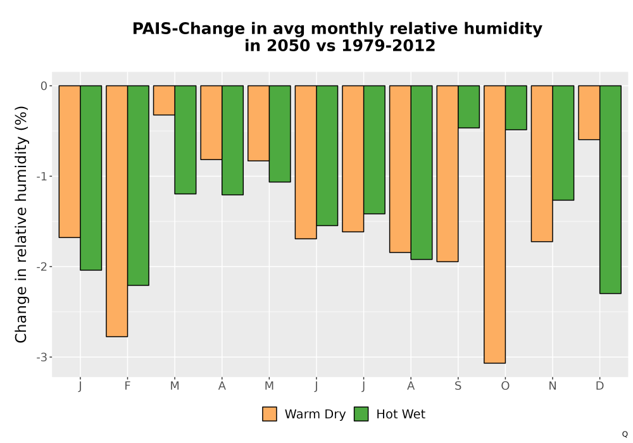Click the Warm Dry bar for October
coord(494,224)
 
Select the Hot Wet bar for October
coord(516,108)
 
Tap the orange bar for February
coord(117,211)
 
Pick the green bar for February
coord(138,185)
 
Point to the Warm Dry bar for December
coord(589,113)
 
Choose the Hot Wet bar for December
coord(610,190)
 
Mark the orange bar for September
coord(448,173)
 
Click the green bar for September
coord(468,107)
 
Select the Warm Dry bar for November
coord(542,163)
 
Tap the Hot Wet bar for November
coord(563,143)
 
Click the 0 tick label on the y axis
coord(44,86)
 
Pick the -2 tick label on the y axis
coord(42,266)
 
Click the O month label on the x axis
coord(505,386)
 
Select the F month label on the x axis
coord(128,386)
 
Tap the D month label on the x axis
coord(600,386)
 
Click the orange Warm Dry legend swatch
coord(270,414)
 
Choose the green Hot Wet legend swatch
coord(361,414)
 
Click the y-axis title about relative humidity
coord(21,224)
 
